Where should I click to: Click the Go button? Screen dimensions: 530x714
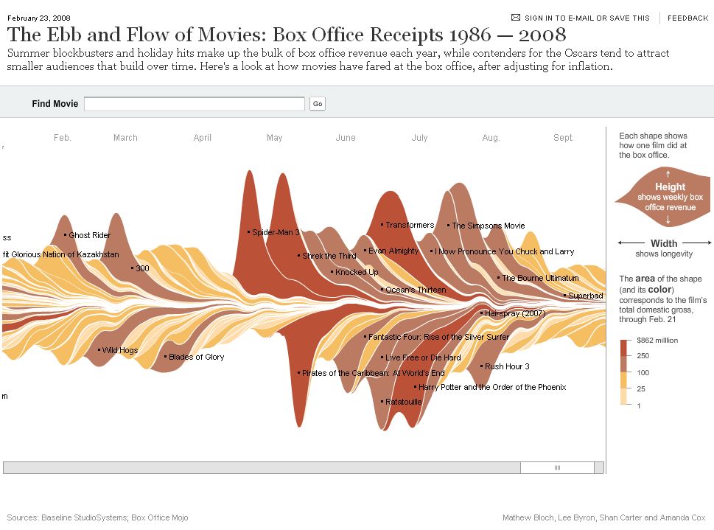coord(318,104)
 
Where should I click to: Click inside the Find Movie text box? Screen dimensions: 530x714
coord(194,104)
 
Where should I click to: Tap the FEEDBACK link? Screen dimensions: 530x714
coord(687,18)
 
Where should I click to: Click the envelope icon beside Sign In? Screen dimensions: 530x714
coord(516,18)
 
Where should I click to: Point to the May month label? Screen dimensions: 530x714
coord(274,138)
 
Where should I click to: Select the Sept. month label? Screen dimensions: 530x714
coord(563,138)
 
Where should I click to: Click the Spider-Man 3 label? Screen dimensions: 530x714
coord(276,232)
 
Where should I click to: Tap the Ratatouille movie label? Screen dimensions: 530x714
coord(403,402)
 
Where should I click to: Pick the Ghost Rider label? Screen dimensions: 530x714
coord(89,235)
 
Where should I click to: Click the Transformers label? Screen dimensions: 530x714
coord(410,225)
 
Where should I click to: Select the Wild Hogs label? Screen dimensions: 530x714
coord(119,350)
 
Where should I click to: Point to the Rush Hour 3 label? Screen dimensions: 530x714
coord(507,366)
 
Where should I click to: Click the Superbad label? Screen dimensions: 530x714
coord(585,296)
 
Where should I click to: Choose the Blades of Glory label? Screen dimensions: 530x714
coord(196,357)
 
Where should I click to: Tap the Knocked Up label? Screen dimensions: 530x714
coord(357,272)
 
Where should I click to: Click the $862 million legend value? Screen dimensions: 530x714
coord(658,341)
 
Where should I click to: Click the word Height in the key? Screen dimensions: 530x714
coord(670,187)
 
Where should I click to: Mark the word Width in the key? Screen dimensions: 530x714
coord(664,243)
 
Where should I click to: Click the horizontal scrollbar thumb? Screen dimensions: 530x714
coord(557,467)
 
